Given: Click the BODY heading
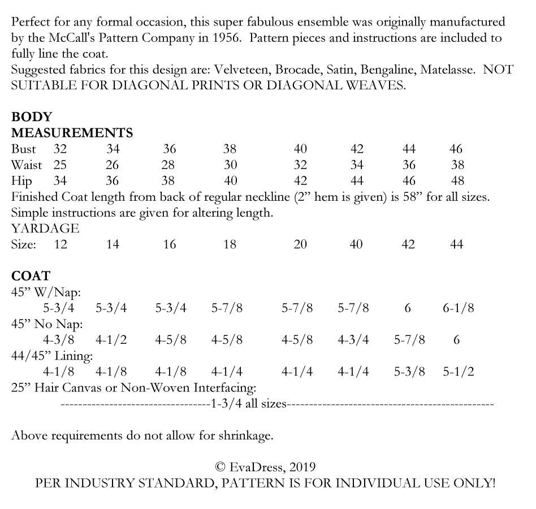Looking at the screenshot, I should click(32, 117).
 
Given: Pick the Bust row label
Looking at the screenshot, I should click(23, 149).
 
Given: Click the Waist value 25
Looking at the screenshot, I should click(60, 165).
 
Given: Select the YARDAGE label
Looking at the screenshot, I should click(45, 228).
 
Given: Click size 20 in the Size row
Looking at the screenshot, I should click(300, 244).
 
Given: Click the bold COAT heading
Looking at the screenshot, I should click(31, 277).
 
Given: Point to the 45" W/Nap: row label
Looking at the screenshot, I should click(46, 292).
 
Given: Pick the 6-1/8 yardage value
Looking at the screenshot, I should click(458, 308).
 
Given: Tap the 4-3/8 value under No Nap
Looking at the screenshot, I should click(59, 340).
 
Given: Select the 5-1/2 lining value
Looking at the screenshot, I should click(458, 372).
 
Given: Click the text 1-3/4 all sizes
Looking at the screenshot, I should click(248, 404).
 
